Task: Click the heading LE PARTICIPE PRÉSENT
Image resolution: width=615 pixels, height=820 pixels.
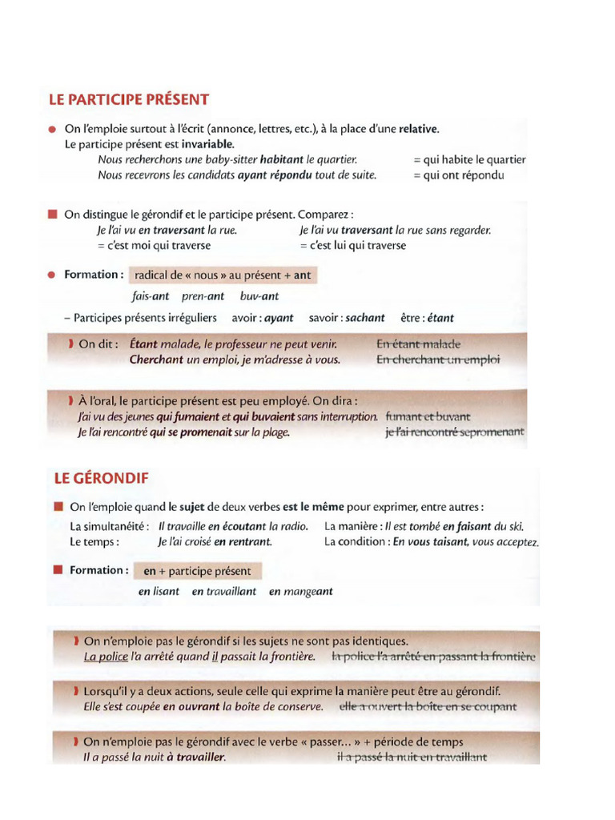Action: coord(129,99)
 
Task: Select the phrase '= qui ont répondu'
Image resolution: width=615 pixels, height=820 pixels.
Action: coord(458,175)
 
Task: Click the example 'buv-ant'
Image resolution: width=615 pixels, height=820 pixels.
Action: coord(259,295)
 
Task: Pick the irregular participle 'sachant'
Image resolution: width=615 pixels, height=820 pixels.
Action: coord(365,318)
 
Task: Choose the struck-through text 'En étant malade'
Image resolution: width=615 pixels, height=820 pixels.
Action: coord(419,344)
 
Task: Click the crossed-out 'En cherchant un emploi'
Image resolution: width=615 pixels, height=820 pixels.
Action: coord(438,360)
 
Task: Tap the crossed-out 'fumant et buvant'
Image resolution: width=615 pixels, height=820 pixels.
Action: coord(428,416)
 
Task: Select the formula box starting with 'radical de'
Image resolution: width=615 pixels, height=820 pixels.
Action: coord(223,275)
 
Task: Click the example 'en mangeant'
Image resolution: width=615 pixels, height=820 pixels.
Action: coord(300,592)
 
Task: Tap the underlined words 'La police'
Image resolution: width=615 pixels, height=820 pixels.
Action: coord(102,657)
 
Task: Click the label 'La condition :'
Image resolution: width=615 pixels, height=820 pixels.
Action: coord(356,541)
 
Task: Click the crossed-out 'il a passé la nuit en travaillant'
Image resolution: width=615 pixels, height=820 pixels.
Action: coord(412,757)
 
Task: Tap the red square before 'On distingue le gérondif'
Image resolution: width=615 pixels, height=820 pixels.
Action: coord(53,214)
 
